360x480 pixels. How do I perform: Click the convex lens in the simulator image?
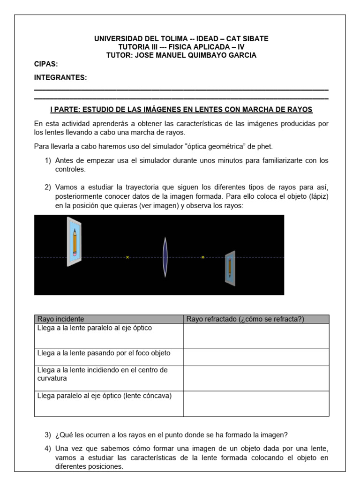(x=165, y=257)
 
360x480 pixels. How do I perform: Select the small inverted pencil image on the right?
(x=230, y=268)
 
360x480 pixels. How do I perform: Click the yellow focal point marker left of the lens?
(x=127, y=257)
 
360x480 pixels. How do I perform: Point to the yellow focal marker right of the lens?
(x=203, y=257)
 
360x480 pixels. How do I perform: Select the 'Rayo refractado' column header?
(x=245, y=319)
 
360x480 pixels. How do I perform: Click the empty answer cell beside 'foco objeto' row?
(x=256, y=357)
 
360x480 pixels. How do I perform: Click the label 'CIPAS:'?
(x=46, y=64)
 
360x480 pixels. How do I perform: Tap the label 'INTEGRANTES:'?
(x=60, y=77)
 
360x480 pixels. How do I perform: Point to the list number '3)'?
(x=48, y=434)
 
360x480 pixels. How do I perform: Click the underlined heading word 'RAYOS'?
(x=299, y=110)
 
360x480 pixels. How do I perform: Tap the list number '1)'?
(x=48, y=161)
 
